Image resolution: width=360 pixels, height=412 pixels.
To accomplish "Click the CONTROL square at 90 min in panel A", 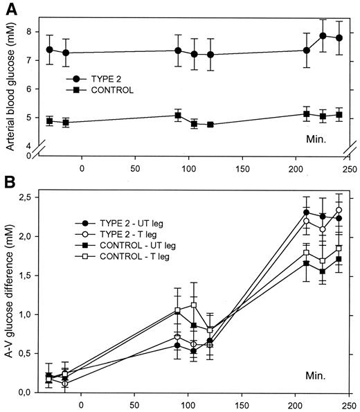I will coord(178,115).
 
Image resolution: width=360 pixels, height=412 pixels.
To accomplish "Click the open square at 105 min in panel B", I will coord(194,305).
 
